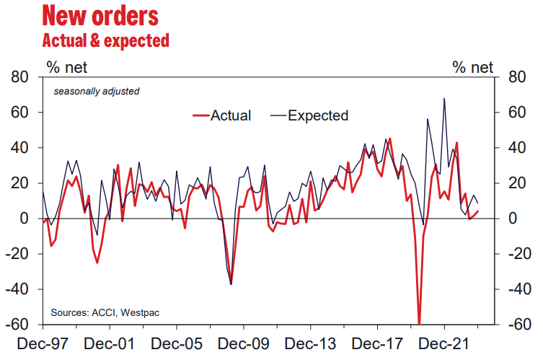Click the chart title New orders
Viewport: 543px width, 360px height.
point(101,14)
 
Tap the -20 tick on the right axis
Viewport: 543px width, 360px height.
point(519,254)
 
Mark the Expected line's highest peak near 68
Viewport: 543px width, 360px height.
point(444,99)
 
